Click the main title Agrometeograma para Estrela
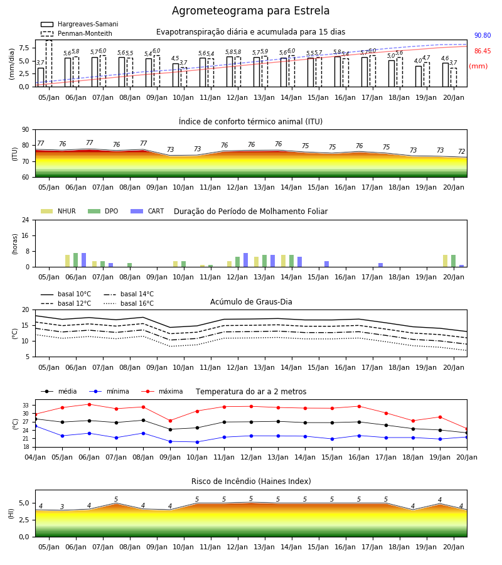[x=250, y=11]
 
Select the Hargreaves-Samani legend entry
[x=80, y=24]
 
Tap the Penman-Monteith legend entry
[x=77, y=33]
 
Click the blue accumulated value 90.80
[x=483, y=35]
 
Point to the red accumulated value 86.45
[x=483, y=51]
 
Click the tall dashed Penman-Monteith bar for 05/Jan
[x=48, y=63]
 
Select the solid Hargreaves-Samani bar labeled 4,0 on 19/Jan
[x=419, y=77]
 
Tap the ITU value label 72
[x=462, y=151]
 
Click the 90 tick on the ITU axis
[x=26, y=130]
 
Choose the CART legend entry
[x=147, y=211]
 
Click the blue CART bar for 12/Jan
[x=245, y=260]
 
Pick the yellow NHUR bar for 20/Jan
[x=445, y=261]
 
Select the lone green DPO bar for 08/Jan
[x=130, y=265]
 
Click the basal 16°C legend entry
[x=129, y=303]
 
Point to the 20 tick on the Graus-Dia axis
[x=26, y=309]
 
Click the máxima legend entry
[x=163, y=391]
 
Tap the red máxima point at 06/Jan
[x=89, y=404]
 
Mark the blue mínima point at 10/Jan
[x=197, y=442]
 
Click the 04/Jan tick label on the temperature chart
[x=35, y=457]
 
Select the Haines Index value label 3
[x=62, y=507]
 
